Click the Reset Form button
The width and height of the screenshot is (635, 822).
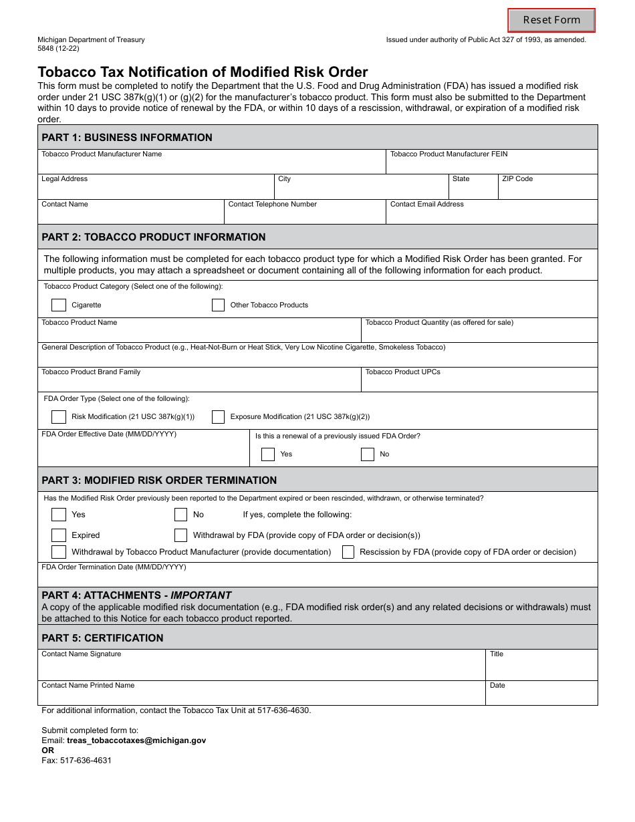point(551,20)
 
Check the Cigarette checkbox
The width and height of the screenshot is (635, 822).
point(59,305)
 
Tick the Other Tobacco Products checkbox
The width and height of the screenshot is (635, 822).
point(218,305)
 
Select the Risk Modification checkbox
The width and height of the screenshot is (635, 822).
point(59,417)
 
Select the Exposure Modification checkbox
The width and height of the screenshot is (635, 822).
point(218,417)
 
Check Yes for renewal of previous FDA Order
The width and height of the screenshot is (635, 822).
point(268,454)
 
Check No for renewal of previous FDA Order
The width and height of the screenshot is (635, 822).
point(368,454)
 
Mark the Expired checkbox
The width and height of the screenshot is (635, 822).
point(59,535)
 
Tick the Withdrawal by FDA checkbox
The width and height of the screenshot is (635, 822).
point(180,535)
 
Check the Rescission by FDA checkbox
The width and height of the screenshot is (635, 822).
point(348,552)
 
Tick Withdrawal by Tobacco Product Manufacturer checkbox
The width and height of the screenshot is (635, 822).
point(59,552)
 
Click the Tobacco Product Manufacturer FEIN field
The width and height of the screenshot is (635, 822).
point(492,166)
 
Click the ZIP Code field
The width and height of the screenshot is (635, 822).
point(547,190)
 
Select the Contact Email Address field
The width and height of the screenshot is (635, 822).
point(492,215)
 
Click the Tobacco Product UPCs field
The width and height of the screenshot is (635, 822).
point(479,383)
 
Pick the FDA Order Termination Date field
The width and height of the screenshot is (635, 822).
point(317,578)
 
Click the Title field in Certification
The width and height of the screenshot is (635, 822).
point(541,668)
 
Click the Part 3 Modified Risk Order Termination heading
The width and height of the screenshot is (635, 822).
point(159,480)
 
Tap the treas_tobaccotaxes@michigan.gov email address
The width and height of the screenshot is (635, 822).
point(136,740)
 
